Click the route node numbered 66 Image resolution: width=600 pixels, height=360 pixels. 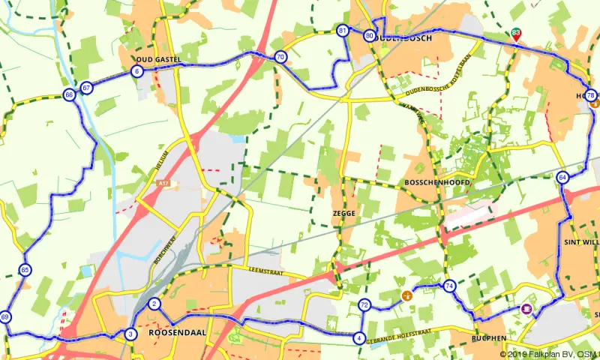69,95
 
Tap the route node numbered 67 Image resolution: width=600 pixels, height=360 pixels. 87,88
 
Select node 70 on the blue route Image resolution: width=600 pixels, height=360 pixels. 280,57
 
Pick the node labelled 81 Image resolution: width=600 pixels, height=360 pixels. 343,31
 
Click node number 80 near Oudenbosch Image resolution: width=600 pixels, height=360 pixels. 369,35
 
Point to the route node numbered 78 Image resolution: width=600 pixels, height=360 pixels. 590,95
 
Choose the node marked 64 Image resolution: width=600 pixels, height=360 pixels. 562,177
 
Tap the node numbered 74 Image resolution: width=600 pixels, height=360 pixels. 449,286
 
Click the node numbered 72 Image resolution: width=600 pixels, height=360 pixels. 364,304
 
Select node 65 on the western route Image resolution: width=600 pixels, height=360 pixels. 25,270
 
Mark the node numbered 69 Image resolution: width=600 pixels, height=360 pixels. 6,317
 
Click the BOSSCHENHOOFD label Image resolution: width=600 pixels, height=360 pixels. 436,183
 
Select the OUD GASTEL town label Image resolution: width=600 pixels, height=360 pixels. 159,58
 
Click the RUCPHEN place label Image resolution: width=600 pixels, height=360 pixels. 491,339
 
